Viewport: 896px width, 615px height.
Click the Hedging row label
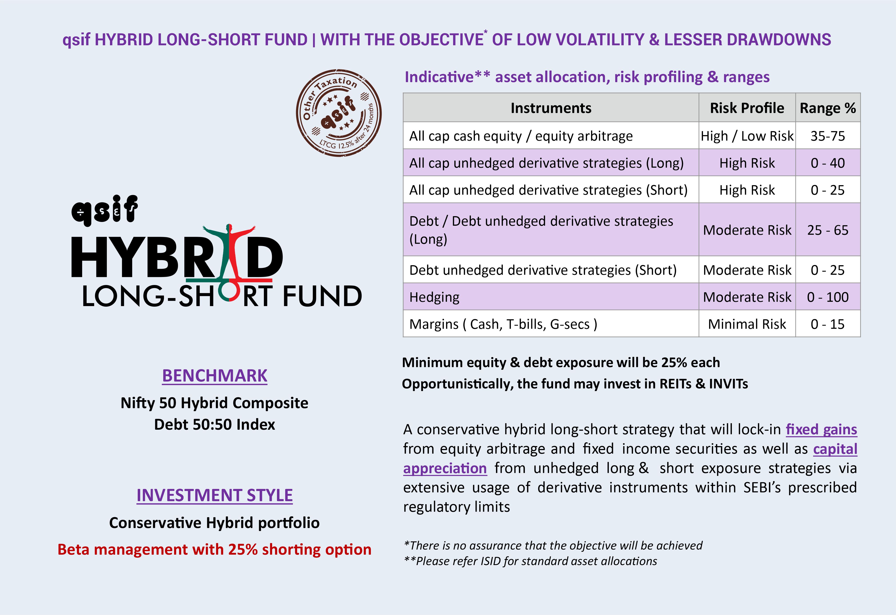434,297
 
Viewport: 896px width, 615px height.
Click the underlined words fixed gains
821,429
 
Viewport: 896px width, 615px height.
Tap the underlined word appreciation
445,468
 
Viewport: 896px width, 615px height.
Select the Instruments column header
551,108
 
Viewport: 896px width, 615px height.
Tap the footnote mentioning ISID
530,561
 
